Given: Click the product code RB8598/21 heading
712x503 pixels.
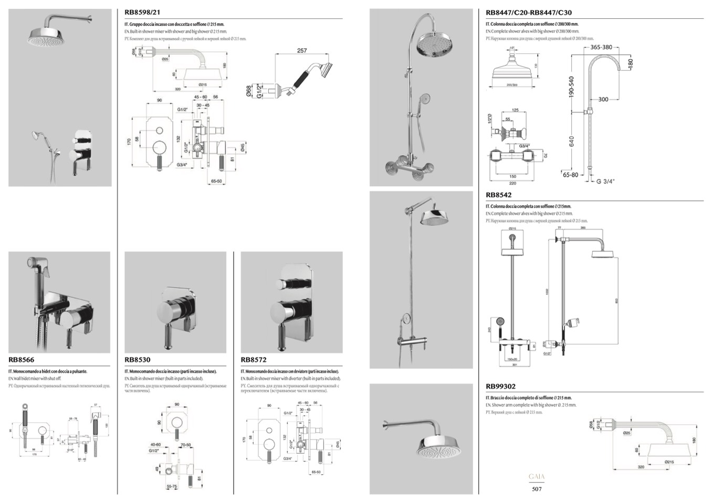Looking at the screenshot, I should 142,13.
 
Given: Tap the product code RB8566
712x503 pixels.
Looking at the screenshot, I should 22,360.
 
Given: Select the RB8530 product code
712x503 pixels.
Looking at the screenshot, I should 138,360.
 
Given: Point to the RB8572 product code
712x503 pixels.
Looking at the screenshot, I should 254,360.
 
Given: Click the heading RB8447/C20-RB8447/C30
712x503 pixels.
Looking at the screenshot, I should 529,13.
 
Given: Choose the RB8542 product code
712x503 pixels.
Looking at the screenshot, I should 499,195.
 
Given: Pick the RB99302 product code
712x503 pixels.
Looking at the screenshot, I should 501,387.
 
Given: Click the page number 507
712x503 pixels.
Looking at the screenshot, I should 536,489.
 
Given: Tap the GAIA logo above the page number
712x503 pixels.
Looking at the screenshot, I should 536,477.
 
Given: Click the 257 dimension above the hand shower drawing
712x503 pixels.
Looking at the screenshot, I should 302,51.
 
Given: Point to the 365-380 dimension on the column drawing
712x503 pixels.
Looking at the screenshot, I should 601,47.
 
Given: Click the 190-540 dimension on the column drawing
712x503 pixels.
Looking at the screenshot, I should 571,87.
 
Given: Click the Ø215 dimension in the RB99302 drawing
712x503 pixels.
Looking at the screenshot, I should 669,462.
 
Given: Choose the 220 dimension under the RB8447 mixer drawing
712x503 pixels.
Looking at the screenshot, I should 512,183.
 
